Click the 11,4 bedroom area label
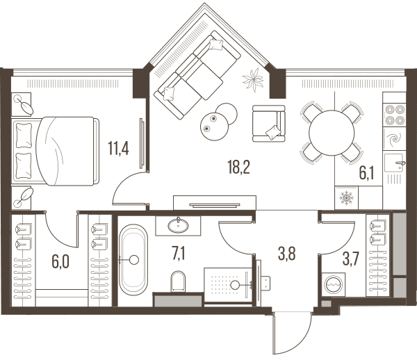[x=118, y=148]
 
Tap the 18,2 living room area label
[x=239, y=167]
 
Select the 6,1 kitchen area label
[x=367, y=174]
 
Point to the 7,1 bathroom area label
[x=179, y=254]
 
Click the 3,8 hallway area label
[x=286, y=254]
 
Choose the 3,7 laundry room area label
[x=351, y=259]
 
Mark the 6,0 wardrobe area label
[x=60, y=261]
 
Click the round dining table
[x=332, y=133]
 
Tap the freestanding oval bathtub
[x=133, y=260]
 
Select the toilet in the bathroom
[x=178, y=281]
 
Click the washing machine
[x=334, y=284]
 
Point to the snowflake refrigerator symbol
[x=347, y=198]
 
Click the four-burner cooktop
[x=395, y=115]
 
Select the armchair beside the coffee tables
[x=268, y=124]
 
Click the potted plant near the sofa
[x=253, y=79]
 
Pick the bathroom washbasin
[x=178, y=226]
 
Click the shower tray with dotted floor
[x=228, y=285]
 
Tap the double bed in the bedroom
[x=56, y=151]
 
